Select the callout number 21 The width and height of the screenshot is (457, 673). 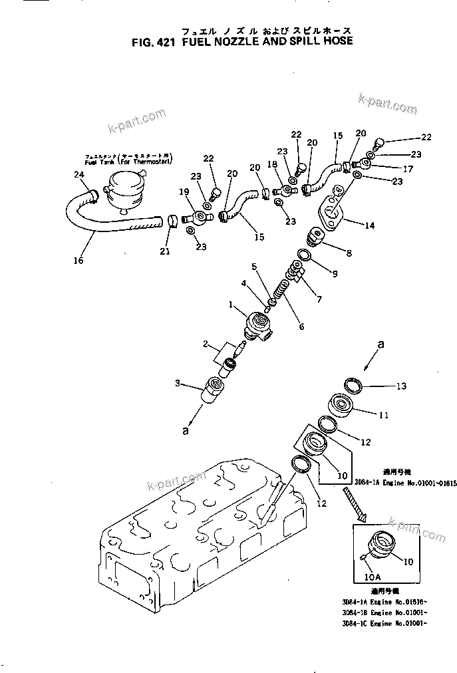(x=164, y=251)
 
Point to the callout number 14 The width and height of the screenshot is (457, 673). (x=369, y=225)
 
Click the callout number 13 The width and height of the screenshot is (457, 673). (x=400, y=386)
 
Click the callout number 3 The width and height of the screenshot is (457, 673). (x=177, y=383)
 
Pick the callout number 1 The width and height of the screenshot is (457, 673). (x=231, y=305)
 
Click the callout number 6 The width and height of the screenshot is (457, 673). (x=301, y=327)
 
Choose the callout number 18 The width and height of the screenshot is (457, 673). (x=271, y=164)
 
